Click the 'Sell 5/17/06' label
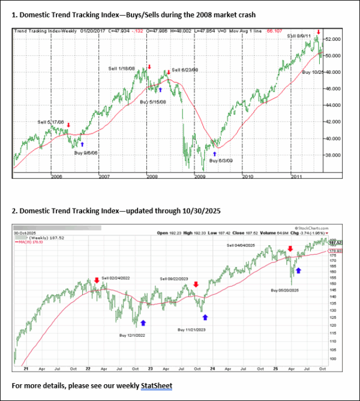coord(51,122)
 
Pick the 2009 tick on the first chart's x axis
coord(199,176)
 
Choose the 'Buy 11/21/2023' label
coord(194,330)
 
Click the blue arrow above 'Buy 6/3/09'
coord(215,153)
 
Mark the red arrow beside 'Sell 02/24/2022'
coord(97,281)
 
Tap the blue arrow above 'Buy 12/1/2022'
coord(143,322)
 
